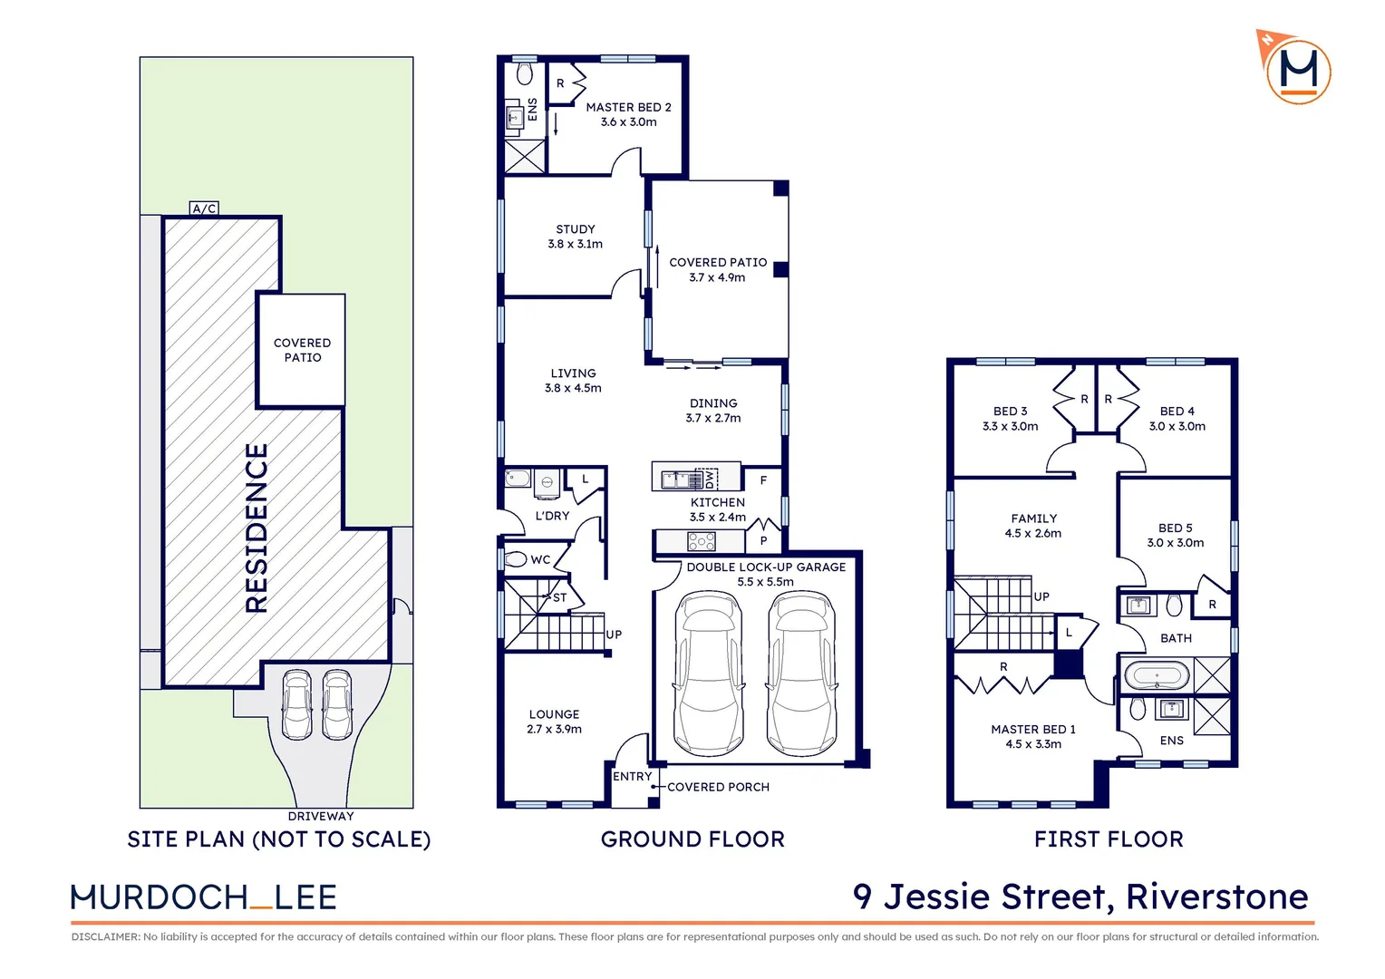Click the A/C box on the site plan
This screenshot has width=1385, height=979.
point(204,208)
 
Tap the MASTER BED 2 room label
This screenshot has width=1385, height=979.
point(628,107)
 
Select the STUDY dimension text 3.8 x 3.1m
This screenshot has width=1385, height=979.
point(575,244)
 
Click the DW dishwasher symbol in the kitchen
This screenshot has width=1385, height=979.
point(709,478)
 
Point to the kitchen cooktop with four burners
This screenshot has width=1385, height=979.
point(702,542)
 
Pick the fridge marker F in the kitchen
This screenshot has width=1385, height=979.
point(763,480)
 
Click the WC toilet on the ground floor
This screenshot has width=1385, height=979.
point(515,559)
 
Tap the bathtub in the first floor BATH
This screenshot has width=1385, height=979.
point(1157,676)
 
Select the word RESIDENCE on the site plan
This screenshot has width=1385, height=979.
point(257,528)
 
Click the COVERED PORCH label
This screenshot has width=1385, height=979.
point(718,787)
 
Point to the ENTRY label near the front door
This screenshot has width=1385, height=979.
point(632,776)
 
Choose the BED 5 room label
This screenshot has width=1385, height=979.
point(1175,528)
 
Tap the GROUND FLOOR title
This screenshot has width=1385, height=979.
point(692,839)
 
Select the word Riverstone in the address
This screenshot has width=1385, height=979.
point(1216,897)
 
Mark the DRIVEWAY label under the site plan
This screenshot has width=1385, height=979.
point(321,817)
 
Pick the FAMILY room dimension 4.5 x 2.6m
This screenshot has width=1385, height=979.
point(1033,533)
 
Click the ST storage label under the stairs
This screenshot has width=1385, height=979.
point(559,597)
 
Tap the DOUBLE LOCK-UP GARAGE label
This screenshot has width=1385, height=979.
point(766,567)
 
